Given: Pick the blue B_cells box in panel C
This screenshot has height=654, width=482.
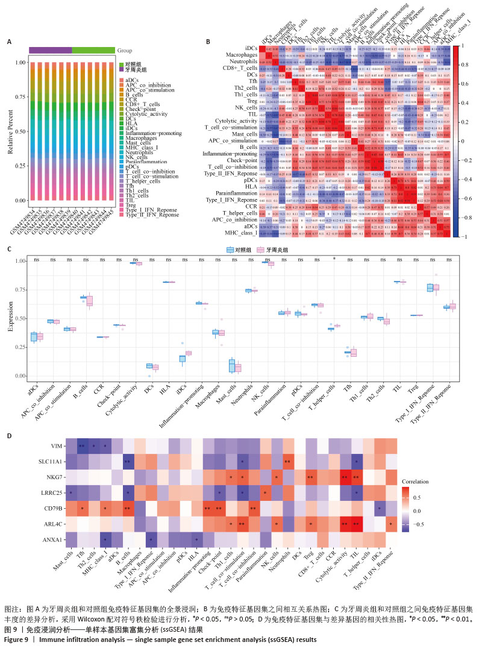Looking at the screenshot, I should coord(84,298).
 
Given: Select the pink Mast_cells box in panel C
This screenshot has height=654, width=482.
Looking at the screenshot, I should coord(237,367).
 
